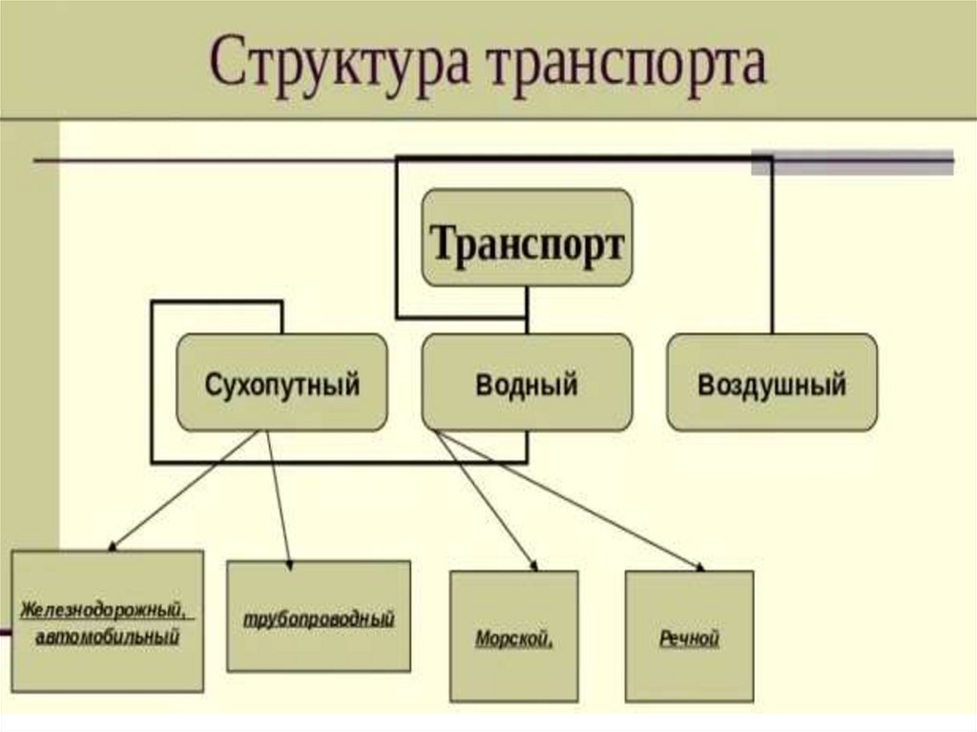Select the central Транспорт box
pos(527,238)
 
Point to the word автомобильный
pos(107,636)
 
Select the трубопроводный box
pos(319,616)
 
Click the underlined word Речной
pos(689,638)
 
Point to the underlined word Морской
pos(513,638)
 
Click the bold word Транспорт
pos(527,244)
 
